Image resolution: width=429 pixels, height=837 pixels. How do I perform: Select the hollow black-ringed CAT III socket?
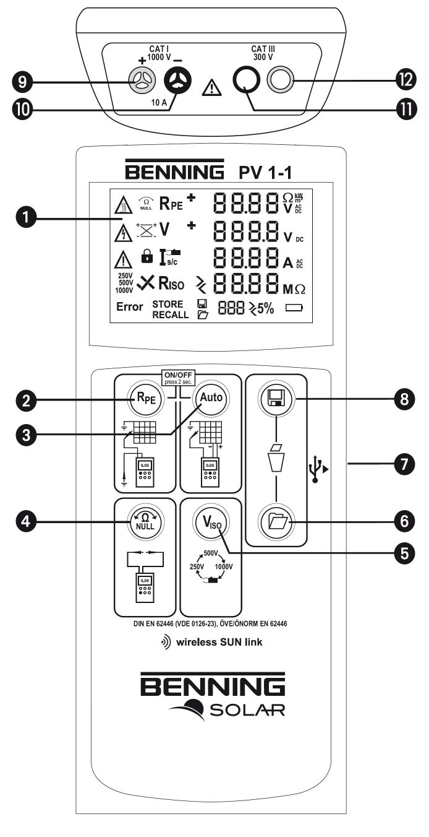pos(245,80)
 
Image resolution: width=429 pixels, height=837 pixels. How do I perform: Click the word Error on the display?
pos(130,306)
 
